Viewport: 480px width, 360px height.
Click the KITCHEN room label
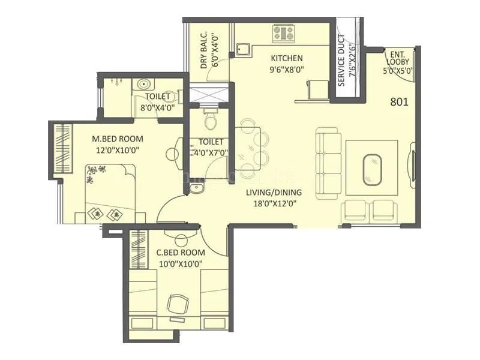coord(286,58)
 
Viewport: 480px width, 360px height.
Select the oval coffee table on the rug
coord(372,169)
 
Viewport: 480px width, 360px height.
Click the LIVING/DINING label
coord(274,193)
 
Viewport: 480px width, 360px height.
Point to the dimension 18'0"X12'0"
coord(274,203)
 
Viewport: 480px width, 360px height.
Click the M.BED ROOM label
coord(118,139)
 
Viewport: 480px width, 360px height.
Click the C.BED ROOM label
coord(181,253)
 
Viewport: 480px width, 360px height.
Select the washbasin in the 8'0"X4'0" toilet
coord(143,85)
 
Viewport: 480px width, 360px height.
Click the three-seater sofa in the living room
coord(327,163)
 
